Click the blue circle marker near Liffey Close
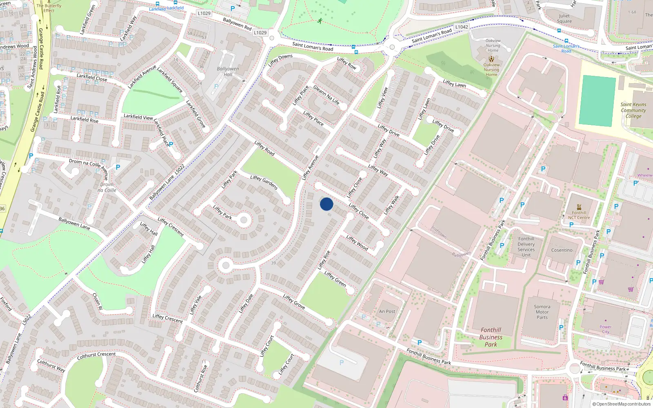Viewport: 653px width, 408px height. (x=326, y=204)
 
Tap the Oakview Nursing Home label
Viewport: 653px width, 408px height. (x=491, y=70)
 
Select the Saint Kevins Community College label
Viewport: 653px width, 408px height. (x=633, y=110)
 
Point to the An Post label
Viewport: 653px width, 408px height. (x=387, y=311)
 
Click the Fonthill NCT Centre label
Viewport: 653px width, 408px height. (x=579, y=215)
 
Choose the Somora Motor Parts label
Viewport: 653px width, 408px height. (x=542, y=312)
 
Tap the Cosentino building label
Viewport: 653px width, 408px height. (x=562, y=250)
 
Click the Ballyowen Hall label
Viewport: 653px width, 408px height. (x=228, y=71)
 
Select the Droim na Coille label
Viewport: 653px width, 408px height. (x=107, y=187)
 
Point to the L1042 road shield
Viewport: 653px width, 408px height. (x=462, y=27)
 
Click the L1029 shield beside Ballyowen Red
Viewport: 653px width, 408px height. (x=260, y=33)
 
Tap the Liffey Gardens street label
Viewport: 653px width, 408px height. (x=264, y=182)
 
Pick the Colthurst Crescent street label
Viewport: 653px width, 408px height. (x=96, y=356)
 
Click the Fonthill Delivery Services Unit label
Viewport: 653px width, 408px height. (x=526, y=247)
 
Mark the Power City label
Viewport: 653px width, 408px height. (x=606, y=329)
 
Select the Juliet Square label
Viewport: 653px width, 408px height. (x=564, y=19)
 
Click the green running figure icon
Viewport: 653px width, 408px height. (x=320, y=21)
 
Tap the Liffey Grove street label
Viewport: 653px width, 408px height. (x=294, y=302)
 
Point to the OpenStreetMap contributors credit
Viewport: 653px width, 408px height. (x=622, y=404)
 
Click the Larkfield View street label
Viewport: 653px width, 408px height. (x=138, y=117)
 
